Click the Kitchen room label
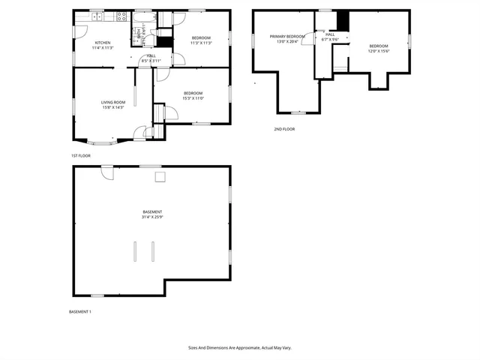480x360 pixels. coord(103,42)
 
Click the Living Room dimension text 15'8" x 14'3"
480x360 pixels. coord(114,107)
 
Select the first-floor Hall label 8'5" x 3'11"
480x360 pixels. coord(151,59)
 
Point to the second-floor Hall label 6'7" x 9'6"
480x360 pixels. coord(330,37)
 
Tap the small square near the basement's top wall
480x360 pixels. coord(160,176)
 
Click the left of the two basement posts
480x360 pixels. coord(136,250)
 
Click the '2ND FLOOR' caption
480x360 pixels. coord(284,129)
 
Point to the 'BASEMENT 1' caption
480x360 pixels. coord(80,311)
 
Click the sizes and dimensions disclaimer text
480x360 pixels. coord(239,348)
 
